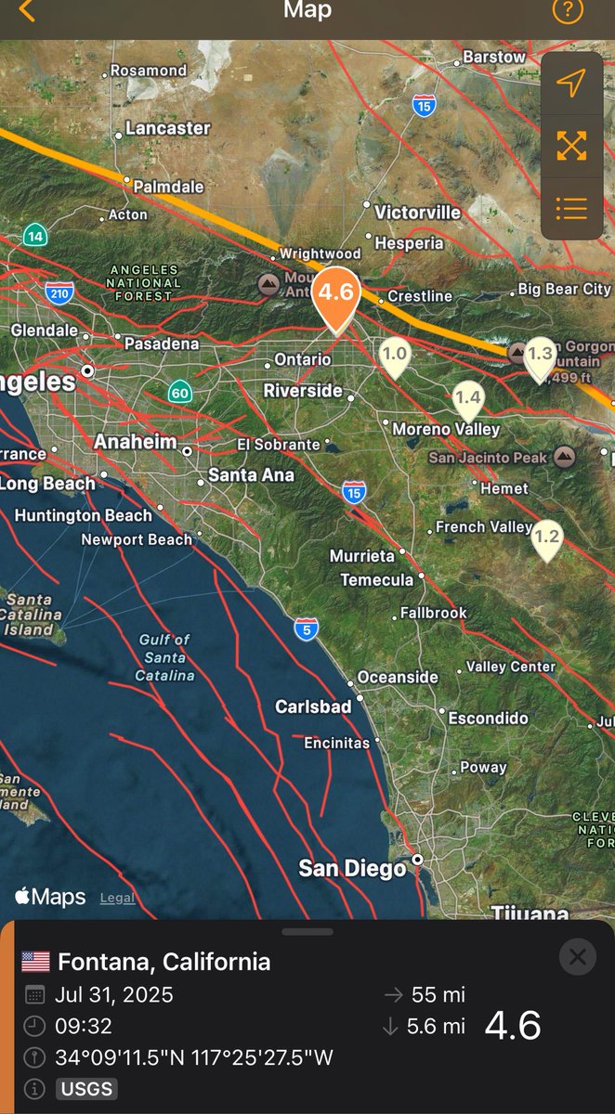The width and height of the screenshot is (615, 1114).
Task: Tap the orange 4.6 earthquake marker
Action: coord(334,294)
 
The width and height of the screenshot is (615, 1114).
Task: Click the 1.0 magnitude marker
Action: coord(395,355)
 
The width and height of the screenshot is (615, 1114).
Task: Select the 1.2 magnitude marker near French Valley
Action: coord(547,538)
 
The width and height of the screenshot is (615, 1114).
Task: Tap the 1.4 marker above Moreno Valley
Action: coord(468,398)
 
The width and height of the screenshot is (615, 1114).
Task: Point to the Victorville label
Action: coord(417,213)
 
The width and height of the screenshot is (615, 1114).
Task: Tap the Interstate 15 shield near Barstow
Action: coord(425,107)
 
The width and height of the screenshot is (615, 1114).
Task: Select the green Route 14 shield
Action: coord(36,235)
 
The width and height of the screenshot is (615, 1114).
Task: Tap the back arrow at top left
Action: coord(27,12)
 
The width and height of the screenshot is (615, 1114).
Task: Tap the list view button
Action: coord(571,208)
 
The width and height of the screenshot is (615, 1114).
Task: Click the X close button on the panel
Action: coord(578,956)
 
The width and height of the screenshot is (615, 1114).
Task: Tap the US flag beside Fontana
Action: coord(35,961)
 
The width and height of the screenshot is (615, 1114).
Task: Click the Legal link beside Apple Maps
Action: coord(117,898)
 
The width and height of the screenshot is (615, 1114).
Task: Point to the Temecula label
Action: coord(376,580)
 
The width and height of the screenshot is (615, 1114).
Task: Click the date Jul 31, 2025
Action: coord(113,994)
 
